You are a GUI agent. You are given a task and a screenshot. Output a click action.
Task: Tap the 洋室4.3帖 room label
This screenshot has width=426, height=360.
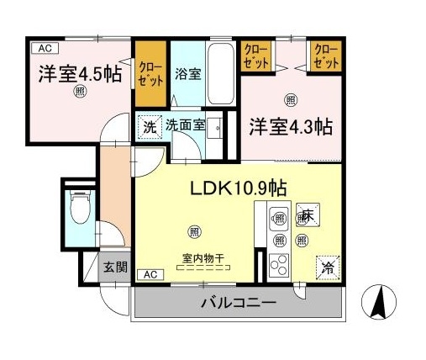[x=291, y=127]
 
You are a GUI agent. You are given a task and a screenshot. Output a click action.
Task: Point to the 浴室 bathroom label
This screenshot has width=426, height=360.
[x=187, y=73]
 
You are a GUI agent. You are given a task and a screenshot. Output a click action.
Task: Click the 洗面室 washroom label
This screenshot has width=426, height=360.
[x=185, y=125]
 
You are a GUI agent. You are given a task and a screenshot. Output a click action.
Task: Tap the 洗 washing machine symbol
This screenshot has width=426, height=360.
[x=149, y=128]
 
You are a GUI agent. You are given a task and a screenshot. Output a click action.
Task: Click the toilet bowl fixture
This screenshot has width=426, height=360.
[x=79, y=207]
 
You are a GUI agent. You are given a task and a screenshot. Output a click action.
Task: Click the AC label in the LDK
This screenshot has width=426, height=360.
[x=149, y=275]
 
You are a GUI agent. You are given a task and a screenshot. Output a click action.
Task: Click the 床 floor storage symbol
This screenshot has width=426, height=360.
[x=306, y=214]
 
